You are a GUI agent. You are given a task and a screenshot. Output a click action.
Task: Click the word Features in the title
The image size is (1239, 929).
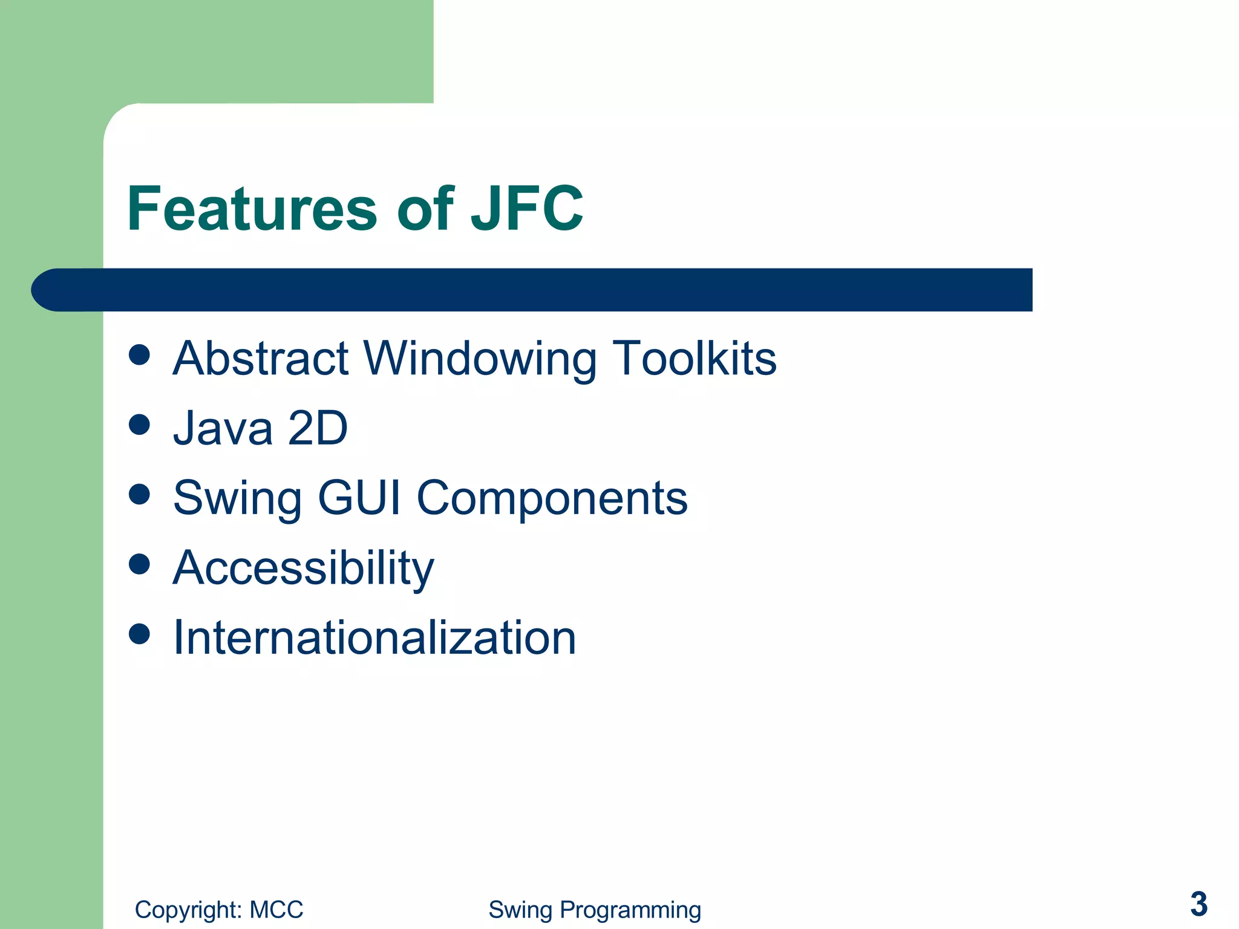point(252,209)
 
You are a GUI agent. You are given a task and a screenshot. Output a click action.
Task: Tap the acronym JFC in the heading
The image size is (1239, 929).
point(526,209)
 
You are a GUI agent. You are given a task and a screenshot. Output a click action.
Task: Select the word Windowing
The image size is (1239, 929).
point(481,359)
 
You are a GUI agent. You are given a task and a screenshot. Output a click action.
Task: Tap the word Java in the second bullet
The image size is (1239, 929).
point(223,428)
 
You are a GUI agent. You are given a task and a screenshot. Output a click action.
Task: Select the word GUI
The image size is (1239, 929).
point(359,498)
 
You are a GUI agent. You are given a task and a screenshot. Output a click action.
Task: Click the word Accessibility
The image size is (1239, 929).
point(304,569)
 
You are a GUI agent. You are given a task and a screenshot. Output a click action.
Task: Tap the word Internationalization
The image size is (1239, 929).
point(374,637)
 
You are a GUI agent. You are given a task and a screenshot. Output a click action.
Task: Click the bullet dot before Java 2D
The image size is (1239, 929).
point(139,425)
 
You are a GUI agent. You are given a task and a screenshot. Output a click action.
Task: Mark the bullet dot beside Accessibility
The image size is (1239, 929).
point(139,564)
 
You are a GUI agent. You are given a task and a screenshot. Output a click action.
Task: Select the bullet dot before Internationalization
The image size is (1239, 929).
point(139,634)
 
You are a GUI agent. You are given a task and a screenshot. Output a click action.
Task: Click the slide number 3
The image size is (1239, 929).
point(1198,904)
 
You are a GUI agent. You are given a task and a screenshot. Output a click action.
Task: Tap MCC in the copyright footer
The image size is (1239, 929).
point(276,910)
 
